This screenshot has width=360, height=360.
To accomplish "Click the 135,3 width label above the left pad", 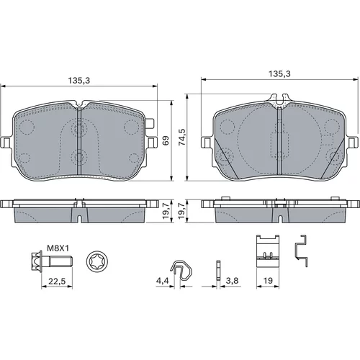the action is pyautogui.click(x=79, y=81).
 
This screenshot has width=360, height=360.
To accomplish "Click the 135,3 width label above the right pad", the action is pyautogui.click(x=279, y=73).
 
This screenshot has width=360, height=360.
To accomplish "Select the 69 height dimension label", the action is pyautogui.click(x=166, y=140).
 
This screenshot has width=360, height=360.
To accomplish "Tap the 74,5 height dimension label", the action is pyautogui.click(x=182, y=137).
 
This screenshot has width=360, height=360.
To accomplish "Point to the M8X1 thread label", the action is pyautogui.click(x=58, y=248).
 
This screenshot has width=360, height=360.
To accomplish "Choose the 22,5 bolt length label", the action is pyautogui.click(x=57, y=281).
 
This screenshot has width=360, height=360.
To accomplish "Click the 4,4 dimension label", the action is pyautogui.click(x=163, y=281).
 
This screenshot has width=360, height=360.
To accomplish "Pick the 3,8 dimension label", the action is pyautogui.click(x=232, y=280).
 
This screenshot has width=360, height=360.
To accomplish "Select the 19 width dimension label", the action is pyautogui.click(x=268, y=280).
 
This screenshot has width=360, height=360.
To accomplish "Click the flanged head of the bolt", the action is pyautogui.click(x=37, y=261).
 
